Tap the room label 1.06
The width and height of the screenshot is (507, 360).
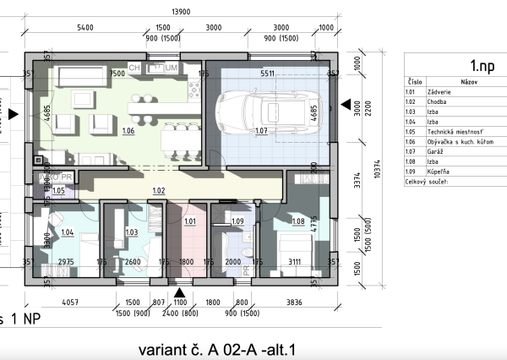[128, 131]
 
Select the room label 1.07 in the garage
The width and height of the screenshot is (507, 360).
[260, 131]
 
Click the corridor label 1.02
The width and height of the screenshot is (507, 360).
[158, 191]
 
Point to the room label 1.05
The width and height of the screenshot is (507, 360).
[58, 191]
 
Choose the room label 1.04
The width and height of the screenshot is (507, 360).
[68, 232]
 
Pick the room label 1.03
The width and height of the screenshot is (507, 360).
[131, 232]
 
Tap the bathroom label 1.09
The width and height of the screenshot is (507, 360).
[237, 221]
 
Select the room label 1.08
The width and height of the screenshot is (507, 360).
[297, 221]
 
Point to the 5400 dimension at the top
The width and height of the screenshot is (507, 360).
[84, 28]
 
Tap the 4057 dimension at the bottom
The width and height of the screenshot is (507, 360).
[70, 302]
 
